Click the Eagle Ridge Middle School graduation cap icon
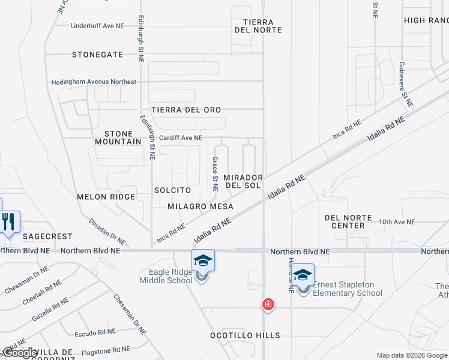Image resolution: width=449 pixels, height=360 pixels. pos(203,260)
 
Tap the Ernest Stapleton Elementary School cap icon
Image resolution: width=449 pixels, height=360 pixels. pos(303,275)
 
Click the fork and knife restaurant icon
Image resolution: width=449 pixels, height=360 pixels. pos(9,221)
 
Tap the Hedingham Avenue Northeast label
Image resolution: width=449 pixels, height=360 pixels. pos(94,82)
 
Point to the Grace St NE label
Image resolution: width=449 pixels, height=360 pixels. pos(214,170)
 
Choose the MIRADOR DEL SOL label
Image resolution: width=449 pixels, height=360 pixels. pos(243,182)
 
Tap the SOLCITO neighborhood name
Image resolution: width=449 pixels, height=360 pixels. pos(172,190)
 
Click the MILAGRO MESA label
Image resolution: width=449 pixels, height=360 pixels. pos(200,206)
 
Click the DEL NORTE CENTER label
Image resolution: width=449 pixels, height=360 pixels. pos(348,221)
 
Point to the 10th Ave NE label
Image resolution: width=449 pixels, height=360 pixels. pos(397,222)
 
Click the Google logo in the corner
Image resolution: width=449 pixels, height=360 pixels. pos(20,353)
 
